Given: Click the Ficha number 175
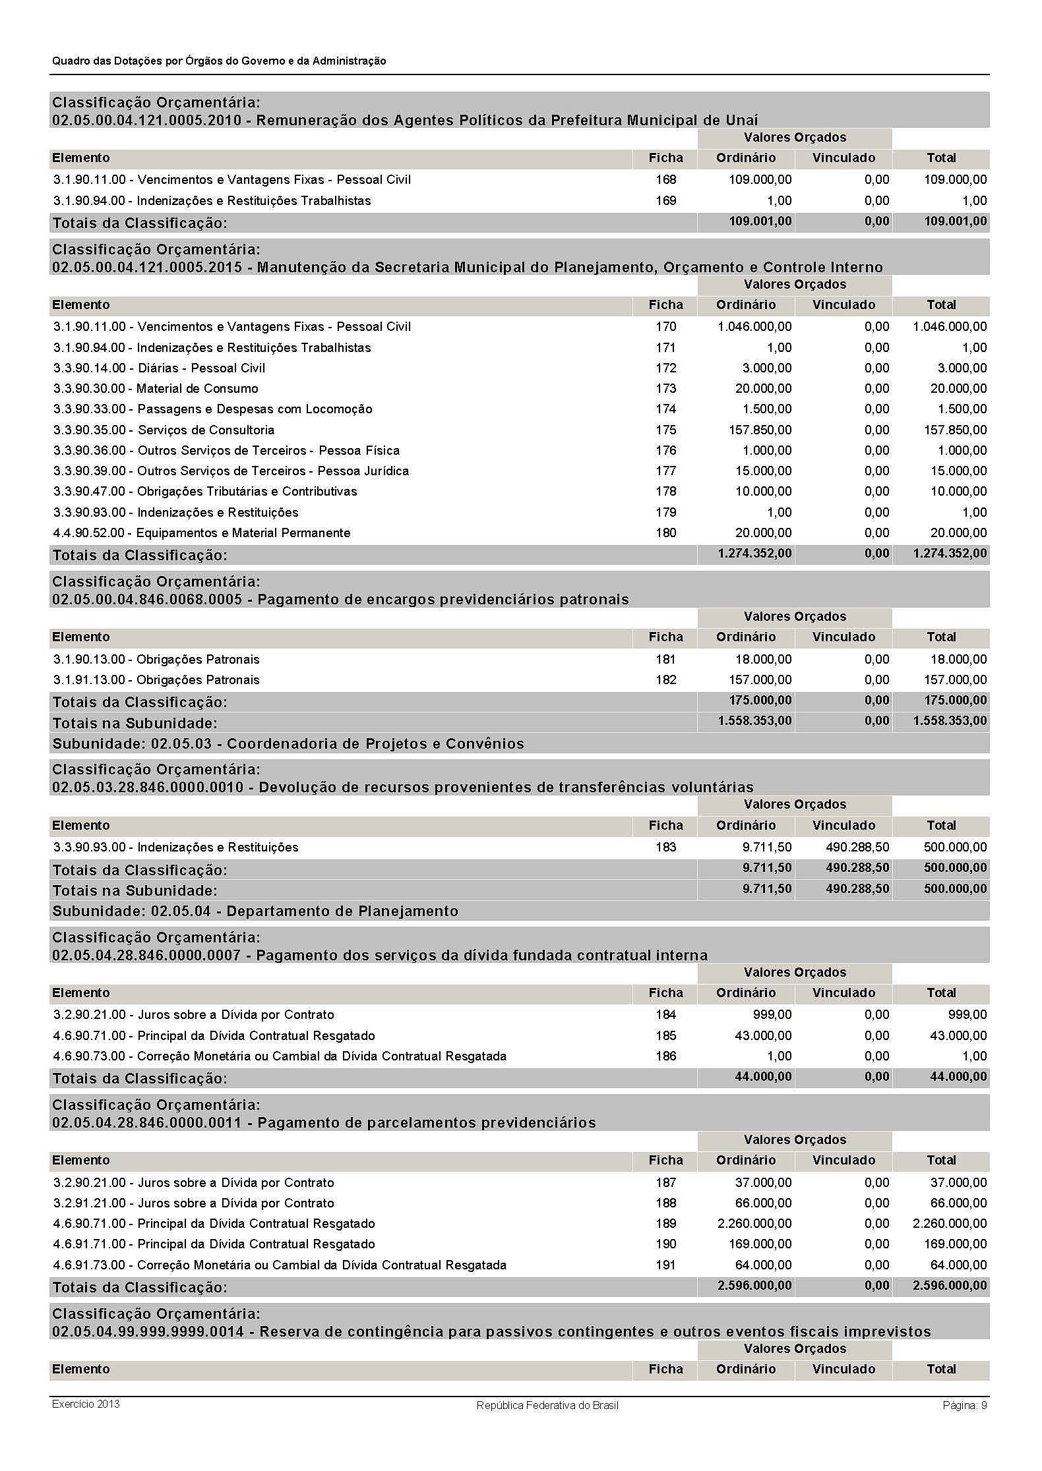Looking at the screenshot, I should click(x=665, y=430).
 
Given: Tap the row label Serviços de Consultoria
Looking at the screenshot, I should click(x=206, y=430).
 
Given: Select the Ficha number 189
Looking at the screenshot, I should click(x=665, y=1224).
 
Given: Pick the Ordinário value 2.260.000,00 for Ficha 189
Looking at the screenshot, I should click(x=754, y=1224).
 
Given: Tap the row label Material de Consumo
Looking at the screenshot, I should click(x=197, y=389).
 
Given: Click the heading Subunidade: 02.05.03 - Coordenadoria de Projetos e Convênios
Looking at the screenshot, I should click(x=288, y=744).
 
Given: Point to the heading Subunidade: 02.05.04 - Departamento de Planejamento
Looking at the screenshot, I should click(x=255, y=911).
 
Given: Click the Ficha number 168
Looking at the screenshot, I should click(x=665, y=180).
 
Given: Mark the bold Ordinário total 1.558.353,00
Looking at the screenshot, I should click(x=754, y=721).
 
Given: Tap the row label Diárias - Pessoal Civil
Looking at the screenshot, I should click(x=201, y=368).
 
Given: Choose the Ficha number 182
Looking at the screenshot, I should click(x=665, y=680).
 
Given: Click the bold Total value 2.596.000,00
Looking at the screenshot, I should click(x=950, y=1286).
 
